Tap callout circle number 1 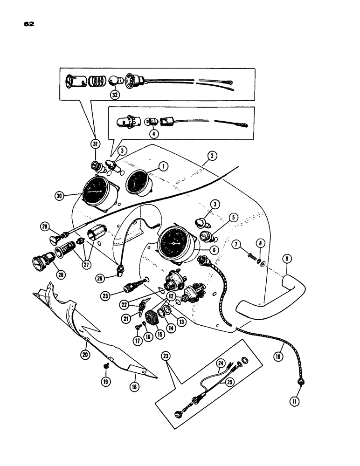163,165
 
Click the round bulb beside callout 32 114,80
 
